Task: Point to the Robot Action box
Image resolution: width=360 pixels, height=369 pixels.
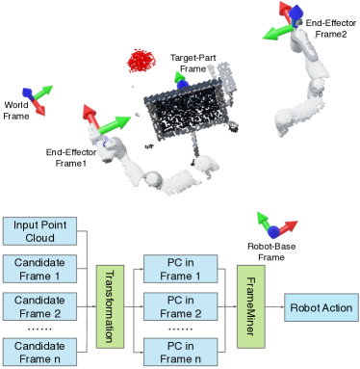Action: [320, 308]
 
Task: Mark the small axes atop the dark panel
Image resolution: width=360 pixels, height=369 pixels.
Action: [179, 79]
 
